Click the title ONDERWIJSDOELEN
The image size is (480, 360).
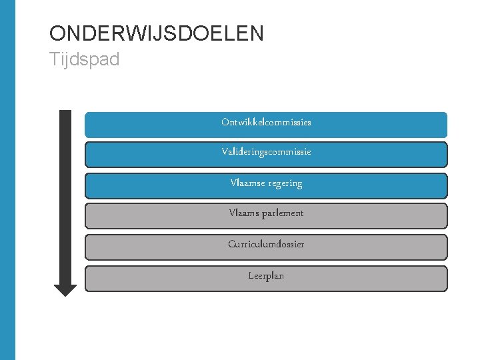tap(157, 33)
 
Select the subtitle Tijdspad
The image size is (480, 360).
tap(85, 59)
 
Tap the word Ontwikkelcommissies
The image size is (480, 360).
tap(266, 123)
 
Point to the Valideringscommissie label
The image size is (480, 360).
tap(266, 152)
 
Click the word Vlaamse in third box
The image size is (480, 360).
tap(247, 183)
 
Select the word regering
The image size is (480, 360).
tap(285, 183)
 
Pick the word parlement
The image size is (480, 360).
tap(281, 213)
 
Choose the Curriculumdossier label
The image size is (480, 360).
tap(266, 244)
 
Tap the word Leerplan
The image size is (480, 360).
tap(266, 275)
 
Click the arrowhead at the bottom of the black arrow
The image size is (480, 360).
tap(65, 289)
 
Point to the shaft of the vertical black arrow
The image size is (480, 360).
tap(65, 193)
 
